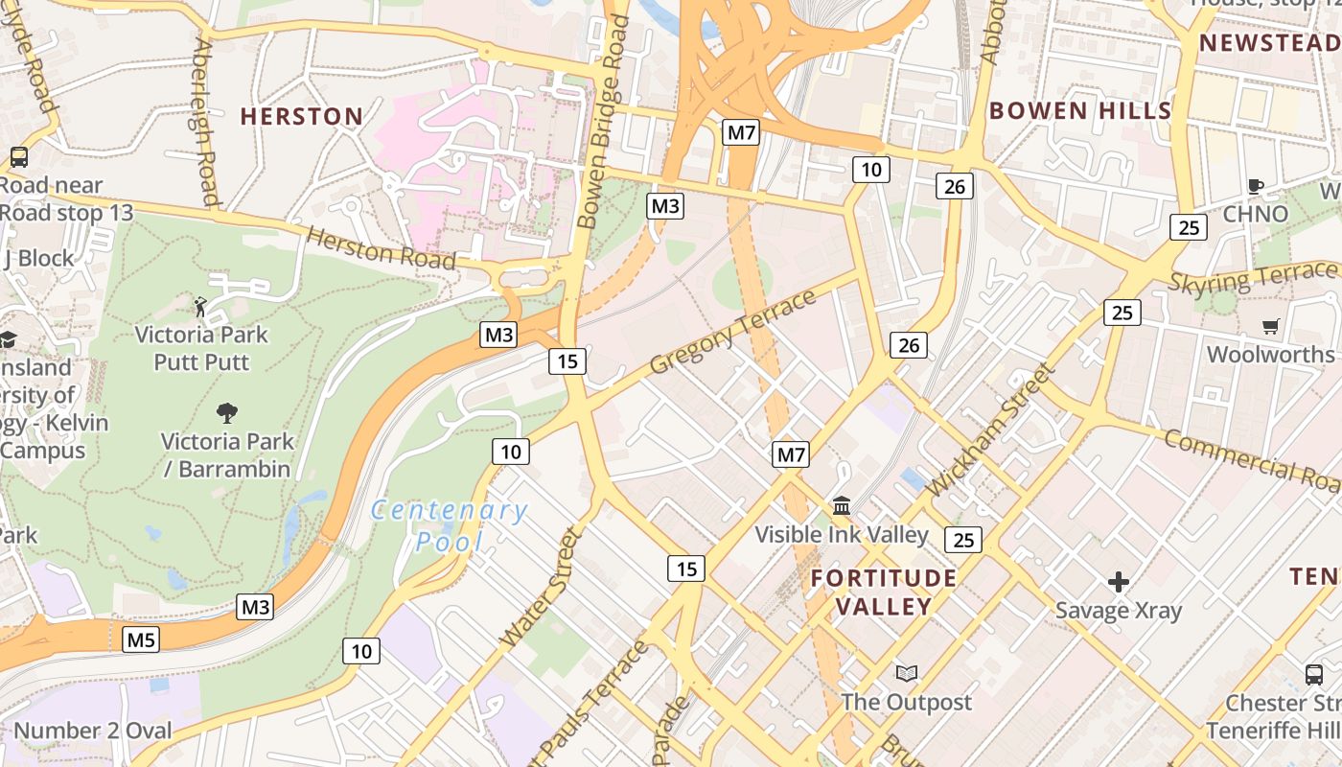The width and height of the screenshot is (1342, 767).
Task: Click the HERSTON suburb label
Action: point(301,117)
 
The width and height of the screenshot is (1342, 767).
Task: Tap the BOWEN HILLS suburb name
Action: point(1080,110)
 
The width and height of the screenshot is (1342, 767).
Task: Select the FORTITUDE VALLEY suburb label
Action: point(883,592)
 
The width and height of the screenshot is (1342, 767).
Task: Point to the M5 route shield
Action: point(141,639)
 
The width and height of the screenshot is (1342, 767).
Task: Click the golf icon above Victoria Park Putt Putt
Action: point(200,307)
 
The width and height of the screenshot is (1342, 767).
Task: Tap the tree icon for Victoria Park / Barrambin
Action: point(227,413)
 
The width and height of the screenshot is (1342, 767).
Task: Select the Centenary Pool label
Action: point(450,525)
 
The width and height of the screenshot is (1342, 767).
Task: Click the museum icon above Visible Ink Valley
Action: point(842,505)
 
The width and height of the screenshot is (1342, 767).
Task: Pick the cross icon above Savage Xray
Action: point(1118,582)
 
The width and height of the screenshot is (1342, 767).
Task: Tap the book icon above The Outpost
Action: point(906,673)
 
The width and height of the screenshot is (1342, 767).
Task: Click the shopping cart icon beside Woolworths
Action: point(1271,326)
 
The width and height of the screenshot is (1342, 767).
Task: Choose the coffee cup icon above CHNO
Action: point(1256,186)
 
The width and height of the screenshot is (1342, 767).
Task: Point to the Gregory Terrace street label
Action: point(733,332)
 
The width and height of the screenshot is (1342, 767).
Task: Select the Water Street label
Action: point(541,587)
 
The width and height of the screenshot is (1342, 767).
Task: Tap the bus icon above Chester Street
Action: point(1314,674)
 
